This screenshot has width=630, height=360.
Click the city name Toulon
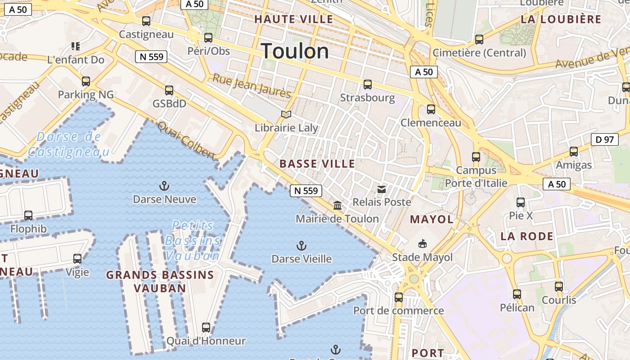295,51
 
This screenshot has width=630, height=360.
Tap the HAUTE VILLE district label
294,19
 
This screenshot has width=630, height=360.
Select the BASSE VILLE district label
317,164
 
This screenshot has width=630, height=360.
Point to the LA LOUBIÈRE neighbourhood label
561,19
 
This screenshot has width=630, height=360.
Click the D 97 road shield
604,139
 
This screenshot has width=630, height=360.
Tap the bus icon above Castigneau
146,21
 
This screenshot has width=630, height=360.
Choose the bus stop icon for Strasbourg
368,85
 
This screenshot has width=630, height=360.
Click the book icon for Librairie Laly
286,114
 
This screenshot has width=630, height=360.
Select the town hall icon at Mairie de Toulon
337,206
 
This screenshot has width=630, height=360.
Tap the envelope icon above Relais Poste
382,189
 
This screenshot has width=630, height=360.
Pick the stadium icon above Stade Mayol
422,244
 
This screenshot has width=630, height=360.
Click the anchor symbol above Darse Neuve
164,186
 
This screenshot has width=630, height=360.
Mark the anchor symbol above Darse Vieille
301,246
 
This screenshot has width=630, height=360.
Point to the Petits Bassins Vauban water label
193,240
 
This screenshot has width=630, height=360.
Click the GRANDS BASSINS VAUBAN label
160,281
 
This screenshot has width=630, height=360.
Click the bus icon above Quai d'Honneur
206,328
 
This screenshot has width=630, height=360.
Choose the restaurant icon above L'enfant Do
76,46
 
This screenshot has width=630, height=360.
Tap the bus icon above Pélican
517,294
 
